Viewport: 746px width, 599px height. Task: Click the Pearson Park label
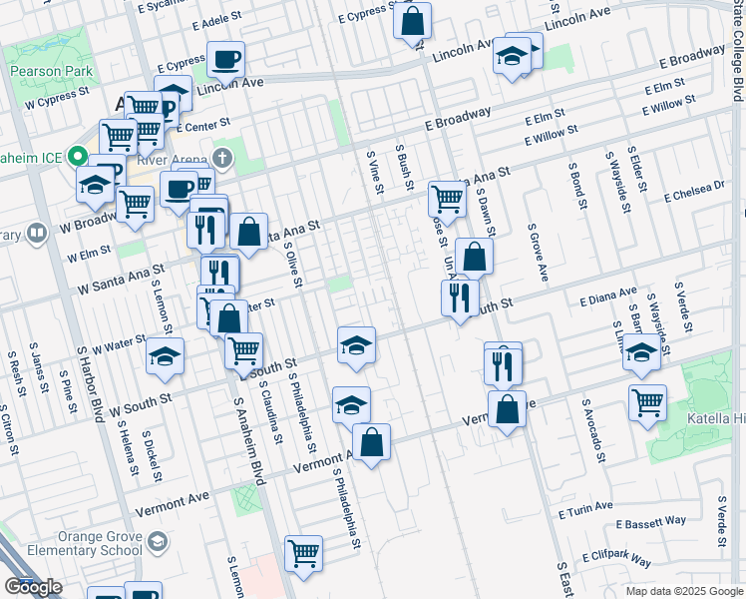[51, 72]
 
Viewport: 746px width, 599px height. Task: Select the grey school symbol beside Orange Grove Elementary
[157, 542]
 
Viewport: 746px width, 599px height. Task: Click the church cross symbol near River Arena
[223, 158]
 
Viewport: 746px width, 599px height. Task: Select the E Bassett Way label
[651, 521]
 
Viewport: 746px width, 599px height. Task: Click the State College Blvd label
[738, 50]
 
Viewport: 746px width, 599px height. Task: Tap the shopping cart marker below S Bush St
[447, 199]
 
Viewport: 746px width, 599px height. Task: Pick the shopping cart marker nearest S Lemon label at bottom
[303, 552]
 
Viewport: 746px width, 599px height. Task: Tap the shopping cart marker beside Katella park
[647, 402]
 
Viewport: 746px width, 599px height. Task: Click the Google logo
[34, 587]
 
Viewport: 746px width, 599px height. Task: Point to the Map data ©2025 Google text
[684, 591]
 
